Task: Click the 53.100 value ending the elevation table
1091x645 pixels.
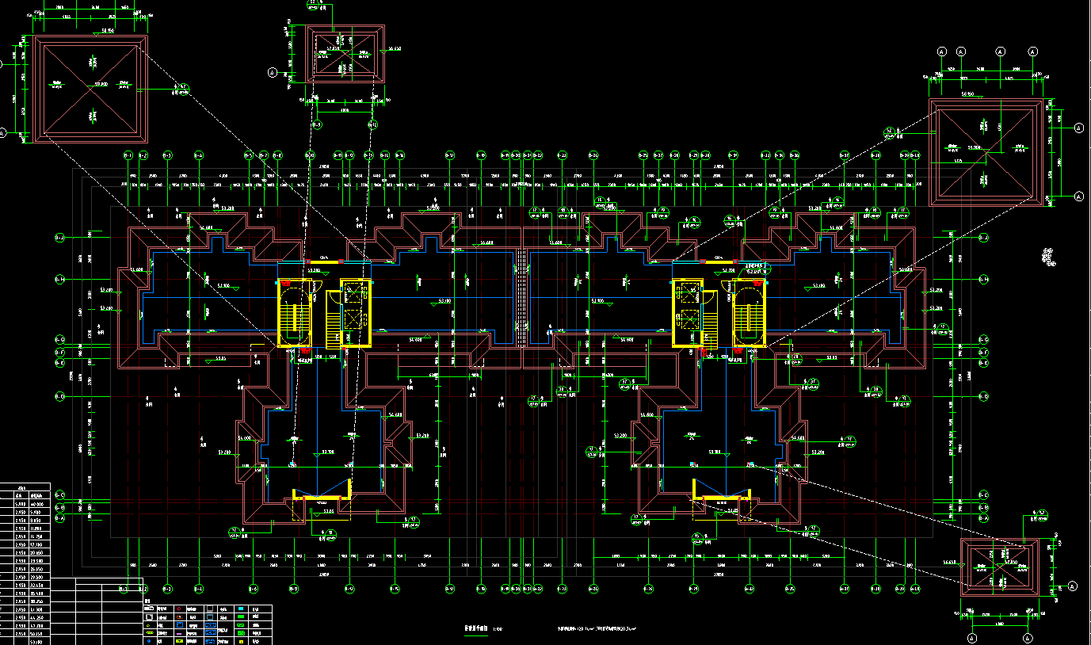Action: [x=36, y=641]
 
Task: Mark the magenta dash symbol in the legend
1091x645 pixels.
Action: [x=179, y=634]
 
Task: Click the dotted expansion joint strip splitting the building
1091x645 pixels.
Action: [x=521, y=297]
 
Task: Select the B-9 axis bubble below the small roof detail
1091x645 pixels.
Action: [x=316, y=124]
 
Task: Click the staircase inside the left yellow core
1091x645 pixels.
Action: [x=295, y=314]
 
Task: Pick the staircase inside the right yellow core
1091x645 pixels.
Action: [x=749, y=314]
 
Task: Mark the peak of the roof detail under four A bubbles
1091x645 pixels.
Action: [x=987, y=150]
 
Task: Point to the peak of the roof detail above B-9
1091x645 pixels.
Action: [x=345, y=54]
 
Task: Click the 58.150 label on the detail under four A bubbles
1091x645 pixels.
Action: [x=967, y=94]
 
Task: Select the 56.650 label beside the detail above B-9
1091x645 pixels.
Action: [x=395, y=48]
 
